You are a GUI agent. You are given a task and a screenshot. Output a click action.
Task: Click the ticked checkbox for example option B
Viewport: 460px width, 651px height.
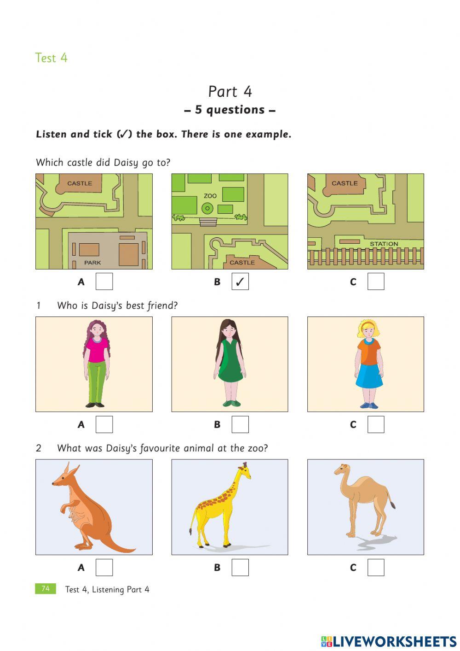click(x=240, y=282)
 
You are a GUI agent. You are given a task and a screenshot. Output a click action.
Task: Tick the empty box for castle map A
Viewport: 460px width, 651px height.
click(x=104, y=282)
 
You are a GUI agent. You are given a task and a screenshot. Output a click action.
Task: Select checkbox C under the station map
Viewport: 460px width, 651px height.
click(x=375, y=282)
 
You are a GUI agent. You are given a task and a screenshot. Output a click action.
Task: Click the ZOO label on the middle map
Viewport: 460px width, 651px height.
click(x=210, y=196)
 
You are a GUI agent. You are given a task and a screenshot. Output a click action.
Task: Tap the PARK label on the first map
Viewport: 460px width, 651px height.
click(x=92, y=263)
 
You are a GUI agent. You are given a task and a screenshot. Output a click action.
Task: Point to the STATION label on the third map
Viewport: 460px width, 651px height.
click(x=384, y=244)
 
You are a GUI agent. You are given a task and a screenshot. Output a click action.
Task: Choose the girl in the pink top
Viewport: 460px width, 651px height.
click(x=96, y=364)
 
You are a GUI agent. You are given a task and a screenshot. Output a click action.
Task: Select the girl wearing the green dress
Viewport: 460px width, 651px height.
click(x=230, y=364)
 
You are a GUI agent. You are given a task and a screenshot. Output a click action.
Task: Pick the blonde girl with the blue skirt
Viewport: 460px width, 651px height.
click(x=368, y=364)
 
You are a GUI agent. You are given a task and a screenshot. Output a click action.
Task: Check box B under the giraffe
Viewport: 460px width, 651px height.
click(x=240, y=568)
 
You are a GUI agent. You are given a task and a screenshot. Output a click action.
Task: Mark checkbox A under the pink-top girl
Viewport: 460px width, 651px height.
click(x=104, y=424)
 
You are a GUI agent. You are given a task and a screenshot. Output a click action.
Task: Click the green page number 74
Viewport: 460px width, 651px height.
click(x=46, y=589)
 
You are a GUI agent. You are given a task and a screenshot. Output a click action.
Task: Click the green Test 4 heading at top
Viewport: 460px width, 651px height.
click(x=51, y=58)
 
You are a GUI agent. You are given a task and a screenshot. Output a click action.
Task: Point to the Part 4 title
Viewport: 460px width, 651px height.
click(x=230, y=92)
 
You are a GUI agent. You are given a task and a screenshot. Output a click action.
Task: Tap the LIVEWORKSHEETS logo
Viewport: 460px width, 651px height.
click(x=389, y=641)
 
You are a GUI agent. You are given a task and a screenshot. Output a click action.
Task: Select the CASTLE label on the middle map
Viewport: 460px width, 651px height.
click(x=242, y=262)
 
